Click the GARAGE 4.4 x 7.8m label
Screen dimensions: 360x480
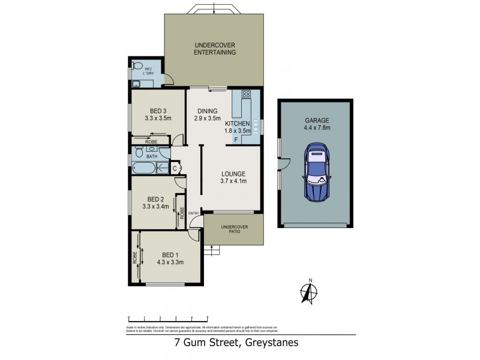click(x=316, y=124)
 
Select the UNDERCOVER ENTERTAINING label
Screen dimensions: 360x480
click(x=214, y=49)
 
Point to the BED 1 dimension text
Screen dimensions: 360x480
click(x=170, y=262)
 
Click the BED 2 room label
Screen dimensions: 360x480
click(x=155, y=203)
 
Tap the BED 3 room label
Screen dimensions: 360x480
click(x=157, y=114)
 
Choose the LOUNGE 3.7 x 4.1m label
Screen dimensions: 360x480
click(x=233, y=178)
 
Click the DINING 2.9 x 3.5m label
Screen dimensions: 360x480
click(x=208, y=114)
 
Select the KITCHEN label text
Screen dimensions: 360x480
click(x=237, y=123)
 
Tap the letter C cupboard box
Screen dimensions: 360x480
click(x=175, y=168)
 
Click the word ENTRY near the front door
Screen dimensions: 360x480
click(x=193, y=214)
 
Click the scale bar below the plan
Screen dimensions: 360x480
click(x=167, y=319)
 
